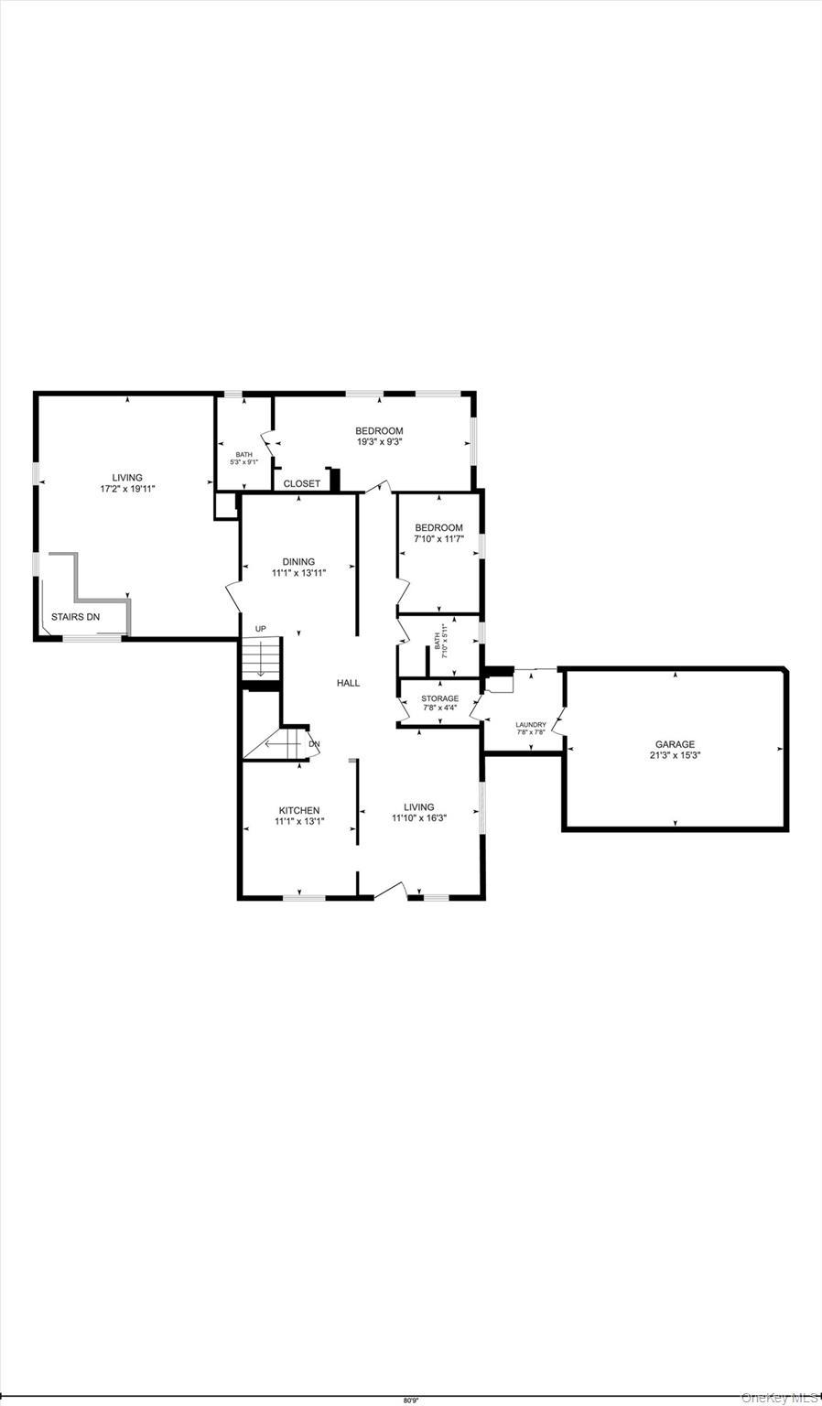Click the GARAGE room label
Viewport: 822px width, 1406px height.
(675, 744)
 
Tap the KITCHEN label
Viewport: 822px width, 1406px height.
(299, 810)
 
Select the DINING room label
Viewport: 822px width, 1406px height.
(298, 562)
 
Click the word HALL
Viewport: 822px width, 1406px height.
(348, 683)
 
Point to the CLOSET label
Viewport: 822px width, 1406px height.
(302, 483)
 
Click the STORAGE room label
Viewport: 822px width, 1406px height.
(440, 698)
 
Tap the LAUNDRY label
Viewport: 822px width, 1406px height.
(531, 725)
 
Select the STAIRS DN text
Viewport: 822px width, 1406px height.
(75, 617)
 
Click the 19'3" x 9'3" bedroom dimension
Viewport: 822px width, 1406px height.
(380, 441)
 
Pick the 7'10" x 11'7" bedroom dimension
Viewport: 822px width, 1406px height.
(439, 539)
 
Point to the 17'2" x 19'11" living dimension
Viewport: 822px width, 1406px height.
(128, 489)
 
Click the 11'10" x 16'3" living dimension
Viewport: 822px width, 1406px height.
(419, 818)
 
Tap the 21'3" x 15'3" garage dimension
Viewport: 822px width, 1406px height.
(675, 756)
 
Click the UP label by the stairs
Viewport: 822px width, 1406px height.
(261, 629)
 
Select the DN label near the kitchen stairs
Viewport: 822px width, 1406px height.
(314, 743)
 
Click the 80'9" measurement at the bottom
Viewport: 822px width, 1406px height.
(411, 1400)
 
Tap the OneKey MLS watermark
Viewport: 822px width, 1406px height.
(780, 1397)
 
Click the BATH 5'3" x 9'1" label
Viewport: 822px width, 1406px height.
(243, 458)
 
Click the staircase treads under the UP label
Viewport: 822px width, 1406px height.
(260, 659)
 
